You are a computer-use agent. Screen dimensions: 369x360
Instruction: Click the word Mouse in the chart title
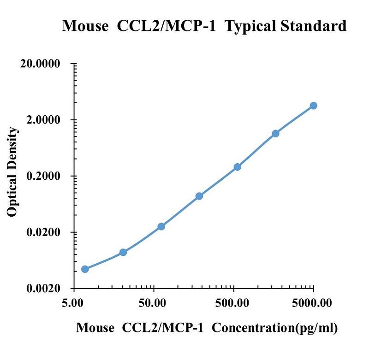pos(85,26)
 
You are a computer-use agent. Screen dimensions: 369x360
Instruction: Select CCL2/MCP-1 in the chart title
pos(166,26)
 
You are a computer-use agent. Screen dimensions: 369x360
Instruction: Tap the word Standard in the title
pos(313,26)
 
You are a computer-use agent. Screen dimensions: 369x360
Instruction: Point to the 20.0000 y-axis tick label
pos(40,64)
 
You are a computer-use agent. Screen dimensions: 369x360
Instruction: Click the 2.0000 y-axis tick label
pos(43,120)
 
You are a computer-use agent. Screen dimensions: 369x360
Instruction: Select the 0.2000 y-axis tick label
pos(43,176)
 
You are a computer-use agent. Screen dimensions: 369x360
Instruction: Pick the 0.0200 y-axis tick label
pos(43,232)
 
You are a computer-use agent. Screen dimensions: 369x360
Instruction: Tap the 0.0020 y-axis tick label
pos(43,288)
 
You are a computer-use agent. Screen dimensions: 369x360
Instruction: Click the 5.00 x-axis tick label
pos(72,303)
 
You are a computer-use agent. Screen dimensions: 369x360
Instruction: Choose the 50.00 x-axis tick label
pos(152,303)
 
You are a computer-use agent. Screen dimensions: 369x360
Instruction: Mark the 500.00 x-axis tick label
pos(232,303)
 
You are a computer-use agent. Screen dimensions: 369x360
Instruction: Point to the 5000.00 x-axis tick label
pos(312,303)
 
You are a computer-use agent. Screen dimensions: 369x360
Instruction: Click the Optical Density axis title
pos(12,171)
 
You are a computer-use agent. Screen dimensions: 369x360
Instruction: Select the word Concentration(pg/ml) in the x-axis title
pos(274,328)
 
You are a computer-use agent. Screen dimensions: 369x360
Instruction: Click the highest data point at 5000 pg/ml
pos(313,106)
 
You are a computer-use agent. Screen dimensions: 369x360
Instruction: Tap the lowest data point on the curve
pos(85,269)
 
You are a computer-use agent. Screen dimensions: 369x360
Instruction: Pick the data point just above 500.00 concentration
pos(238,167)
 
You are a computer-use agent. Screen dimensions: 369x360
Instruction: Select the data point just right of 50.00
pos(161,226)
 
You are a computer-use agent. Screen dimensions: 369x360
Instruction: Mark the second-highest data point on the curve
pos(275,134)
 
